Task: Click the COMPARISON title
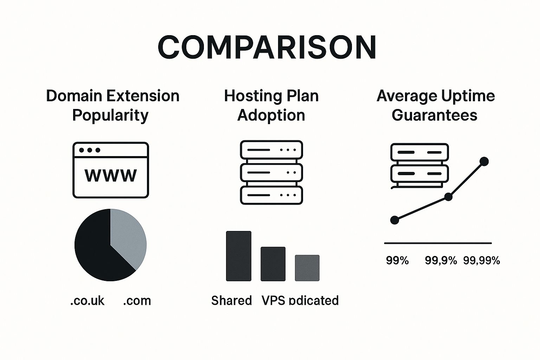tap(267, 47)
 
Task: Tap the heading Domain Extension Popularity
tap(112, 105)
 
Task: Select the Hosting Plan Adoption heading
tap(271, 105)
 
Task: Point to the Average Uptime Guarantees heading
tap(435, 105)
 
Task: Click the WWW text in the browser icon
tap(111, 175)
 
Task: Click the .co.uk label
tap(88, 301)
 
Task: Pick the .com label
tap(137, 301)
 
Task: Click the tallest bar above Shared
tap(238, 256)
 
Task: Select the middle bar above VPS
tap(273, 264)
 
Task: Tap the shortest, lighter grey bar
tap(307, 268)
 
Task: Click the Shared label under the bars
tap(231, 301)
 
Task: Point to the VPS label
tap(273, 301)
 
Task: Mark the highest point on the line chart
tap(484, 161)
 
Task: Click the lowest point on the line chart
tap(395, 220)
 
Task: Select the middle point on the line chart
tap(449, 197)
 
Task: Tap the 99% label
tap(397, 261)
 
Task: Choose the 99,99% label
tap(481, 261)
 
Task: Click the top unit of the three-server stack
tap(271, 150)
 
